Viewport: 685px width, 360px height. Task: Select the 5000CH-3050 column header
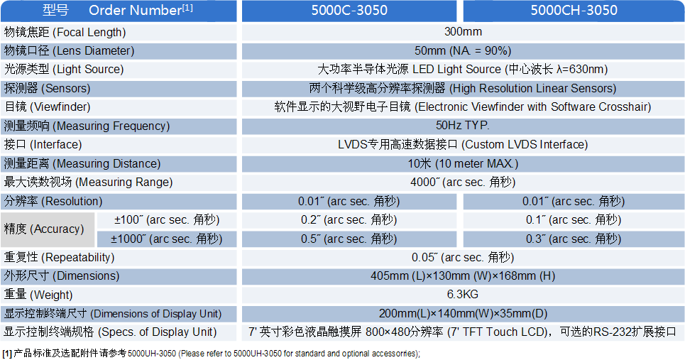click(574, 11)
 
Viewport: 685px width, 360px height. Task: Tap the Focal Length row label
click(65, 32)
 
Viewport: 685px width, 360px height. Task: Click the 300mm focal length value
click(463, 32)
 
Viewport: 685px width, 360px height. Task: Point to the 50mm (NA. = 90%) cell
click(463, 50)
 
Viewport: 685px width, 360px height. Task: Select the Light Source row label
click(64, 69)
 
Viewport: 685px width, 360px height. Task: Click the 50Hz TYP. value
click(463, 126)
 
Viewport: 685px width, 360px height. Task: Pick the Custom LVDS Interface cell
click(463, 144)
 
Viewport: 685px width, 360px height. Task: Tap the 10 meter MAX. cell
click(463, 163)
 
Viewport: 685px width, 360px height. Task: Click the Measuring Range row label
click(82, 182)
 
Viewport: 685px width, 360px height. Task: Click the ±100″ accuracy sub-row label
click(168, 219)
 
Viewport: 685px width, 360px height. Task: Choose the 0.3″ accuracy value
click(574, 239)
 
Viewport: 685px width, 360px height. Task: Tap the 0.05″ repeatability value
click(463, 257)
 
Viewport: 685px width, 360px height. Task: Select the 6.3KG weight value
click(463, 295)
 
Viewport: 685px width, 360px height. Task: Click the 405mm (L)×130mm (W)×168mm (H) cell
click(463, 276)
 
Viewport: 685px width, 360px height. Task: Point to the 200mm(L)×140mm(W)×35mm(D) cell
click(463, 313)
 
